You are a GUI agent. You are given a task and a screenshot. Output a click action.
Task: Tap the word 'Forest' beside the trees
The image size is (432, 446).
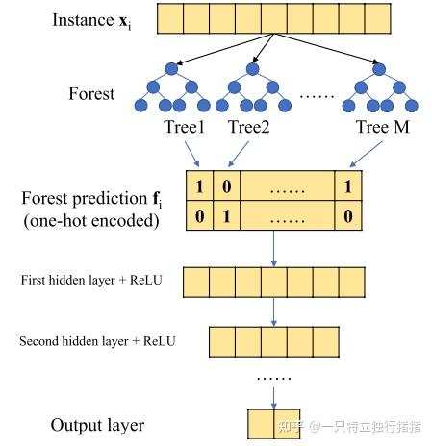pyautogui.click(x=91, y=94)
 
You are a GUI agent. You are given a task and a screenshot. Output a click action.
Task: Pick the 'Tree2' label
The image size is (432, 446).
pyautogui.click(x=248, y=126)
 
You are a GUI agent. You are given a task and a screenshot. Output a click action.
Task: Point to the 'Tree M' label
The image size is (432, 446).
pyautogui.click(x=383, y=126)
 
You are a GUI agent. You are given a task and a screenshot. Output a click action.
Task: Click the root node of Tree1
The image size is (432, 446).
pyautogui.click(x=172, y=68)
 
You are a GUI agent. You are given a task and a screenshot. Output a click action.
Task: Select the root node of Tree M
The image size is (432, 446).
pyautogui.click(x=380, y=68)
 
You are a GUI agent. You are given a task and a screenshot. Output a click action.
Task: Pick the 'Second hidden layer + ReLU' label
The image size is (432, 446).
pyautogui.click(x=99, y=340)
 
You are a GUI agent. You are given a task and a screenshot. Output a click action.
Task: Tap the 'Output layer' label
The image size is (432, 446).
pyautogui.click(x=98, y=425)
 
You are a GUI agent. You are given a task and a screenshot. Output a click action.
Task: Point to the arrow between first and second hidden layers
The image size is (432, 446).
pyautogui.click(x=275, y=310)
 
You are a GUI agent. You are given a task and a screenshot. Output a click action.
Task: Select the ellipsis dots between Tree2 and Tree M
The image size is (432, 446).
pyautogui.click(x=318, y=96)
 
